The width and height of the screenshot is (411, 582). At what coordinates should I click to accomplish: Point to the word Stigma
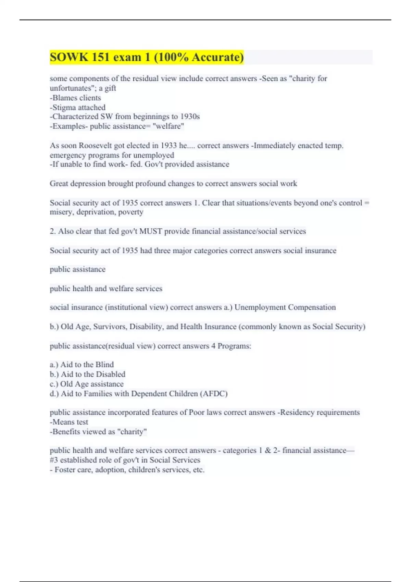pos(64,107)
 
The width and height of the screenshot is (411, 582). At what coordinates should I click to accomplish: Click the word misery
pos(61,212)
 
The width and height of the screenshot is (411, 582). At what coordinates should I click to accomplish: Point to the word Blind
pos(104,365)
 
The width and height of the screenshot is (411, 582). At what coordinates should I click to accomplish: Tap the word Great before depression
pos(59,184)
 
